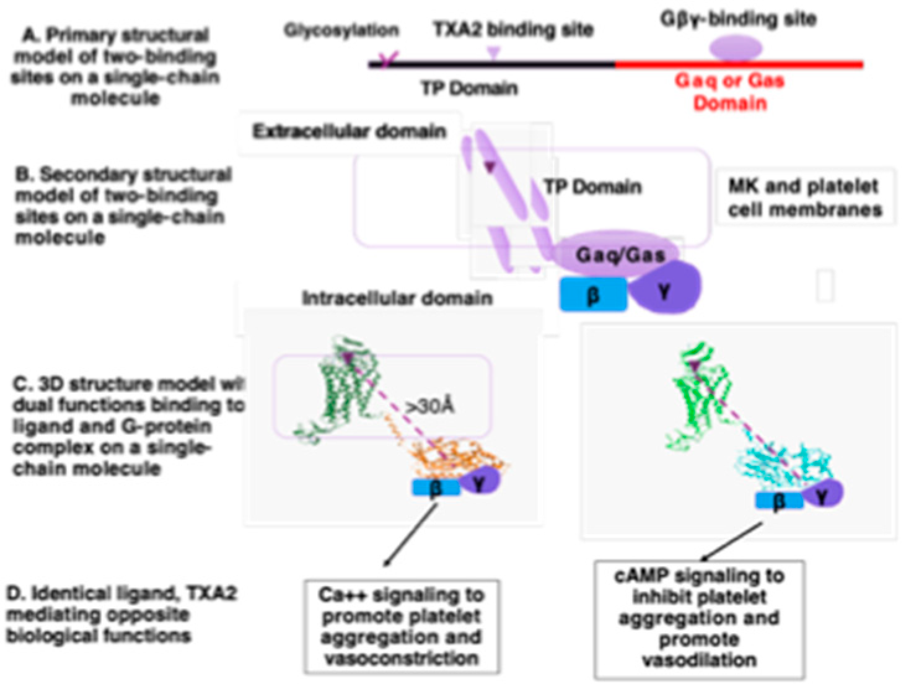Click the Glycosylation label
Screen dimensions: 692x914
[x=341, y=30]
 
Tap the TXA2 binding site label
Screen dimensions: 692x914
[x=512, y=29]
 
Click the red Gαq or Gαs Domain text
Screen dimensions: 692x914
[x=729, y=91]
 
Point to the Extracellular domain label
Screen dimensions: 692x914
[x=349, y=131]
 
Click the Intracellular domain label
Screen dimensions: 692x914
[x=397, y=299]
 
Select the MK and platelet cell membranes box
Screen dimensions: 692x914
[x=804, y=197]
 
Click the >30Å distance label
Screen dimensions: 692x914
[x=430, y=406]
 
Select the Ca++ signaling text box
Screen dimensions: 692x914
[x=401, y=626]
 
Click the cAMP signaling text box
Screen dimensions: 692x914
[x=699, y=618]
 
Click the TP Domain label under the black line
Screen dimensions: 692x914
[x=469, y=88]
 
